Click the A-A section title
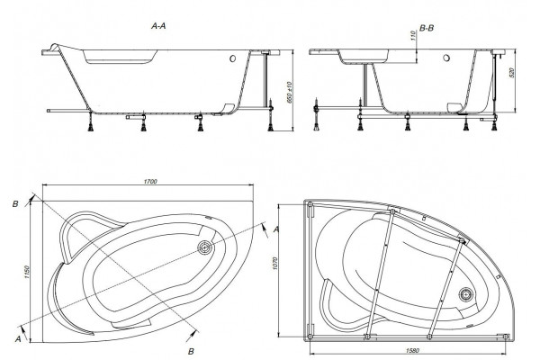tap(158, 26)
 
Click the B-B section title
tap(427, 28)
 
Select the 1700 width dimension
tap(150, 182)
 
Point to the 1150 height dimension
tap(27, 272)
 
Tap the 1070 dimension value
tap(275, 263)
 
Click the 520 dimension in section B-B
tap(511, 73)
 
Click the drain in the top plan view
tap(204, 247)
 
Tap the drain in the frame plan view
tap(466, 295)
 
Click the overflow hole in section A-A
tap(232, 58)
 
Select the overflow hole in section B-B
tap(446, 58)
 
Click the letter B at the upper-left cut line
tap(15, 204)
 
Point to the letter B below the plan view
tap(191, 351)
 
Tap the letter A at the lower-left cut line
tap(18, 339)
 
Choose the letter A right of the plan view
tap(276, 229)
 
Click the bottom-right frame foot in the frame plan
tap(506, 337)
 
